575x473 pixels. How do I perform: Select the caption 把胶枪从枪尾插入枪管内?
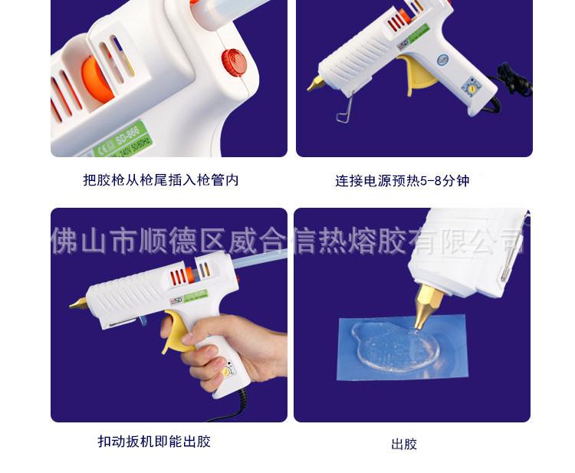pyautogui.click(x=161, y=180)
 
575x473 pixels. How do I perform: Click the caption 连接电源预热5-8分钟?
pyautogui.click(x=402, y=181)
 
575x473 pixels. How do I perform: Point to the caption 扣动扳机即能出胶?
pyautogui.click(x=154, y=442)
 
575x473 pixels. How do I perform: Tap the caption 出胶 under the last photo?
pyautogui.click(x=403, y=444)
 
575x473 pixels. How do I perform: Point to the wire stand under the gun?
pyautogui.click(x=344, y=112)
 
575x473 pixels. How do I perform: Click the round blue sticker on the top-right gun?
pyautogui.click(x=442, y=59)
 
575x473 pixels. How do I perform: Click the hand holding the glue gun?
pyautogui.click(x=230, y=345)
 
